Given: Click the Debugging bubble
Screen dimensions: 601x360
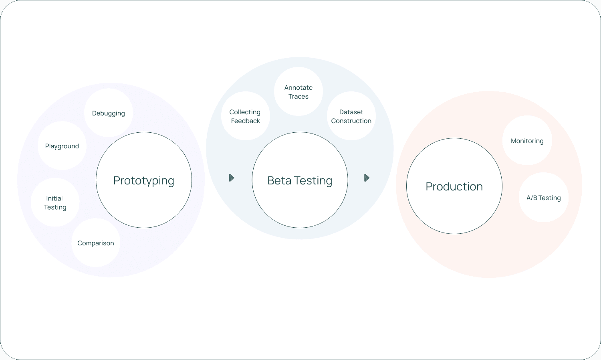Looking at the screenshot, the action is [109, 113].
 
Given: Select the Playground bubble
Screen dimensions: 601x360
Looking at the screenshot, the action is [62, 146].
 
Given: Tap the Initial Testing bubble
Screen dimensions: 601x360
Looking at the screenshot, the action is [55, 202].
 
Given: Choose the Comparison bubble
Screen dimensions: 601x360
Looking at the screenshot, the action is [95, 243].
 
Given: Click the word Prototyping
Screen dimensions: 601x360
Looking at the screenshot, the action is [144, 181].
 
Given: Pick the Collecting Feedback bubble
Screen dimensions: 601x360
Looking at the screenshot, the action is [246, 116].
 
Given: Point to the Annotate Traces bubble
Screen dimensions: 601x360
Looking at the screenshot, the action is [298, 91].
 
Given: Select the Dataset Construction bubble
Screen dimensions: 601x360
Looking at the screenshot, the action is [351, 116].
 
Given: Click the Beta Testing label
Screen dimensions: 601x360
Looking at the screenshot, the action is [300, 181].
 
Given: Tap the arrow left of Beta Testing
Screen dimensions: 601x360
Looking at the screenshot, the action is [232, 178].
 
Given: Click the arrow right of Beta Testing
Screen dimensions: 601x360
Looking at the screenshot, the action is [367, 178].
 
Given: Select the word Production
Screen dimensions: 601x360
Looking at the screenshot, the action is [454, 186].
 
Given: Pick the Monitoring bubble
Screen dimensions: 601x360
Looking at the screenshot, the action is [527, 140].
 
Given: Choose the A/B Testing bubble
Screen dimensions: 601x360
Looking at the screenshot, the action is [544, 197].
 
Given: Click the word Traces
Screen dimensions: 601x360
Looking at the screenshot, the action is [298, 96].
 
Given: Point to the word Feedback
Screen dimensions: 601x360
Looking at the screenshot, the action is [246, 121].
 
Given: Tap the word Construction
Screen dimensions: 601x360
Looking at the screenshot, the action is [351, 121].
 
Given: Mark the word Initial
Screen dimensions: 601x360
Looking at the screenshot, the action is [54, 198].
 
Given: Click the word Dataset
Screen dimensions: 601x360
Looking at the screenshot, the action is [351, 112].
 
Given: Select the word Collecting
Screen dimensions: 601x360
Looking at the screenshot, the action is [245, 112].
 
